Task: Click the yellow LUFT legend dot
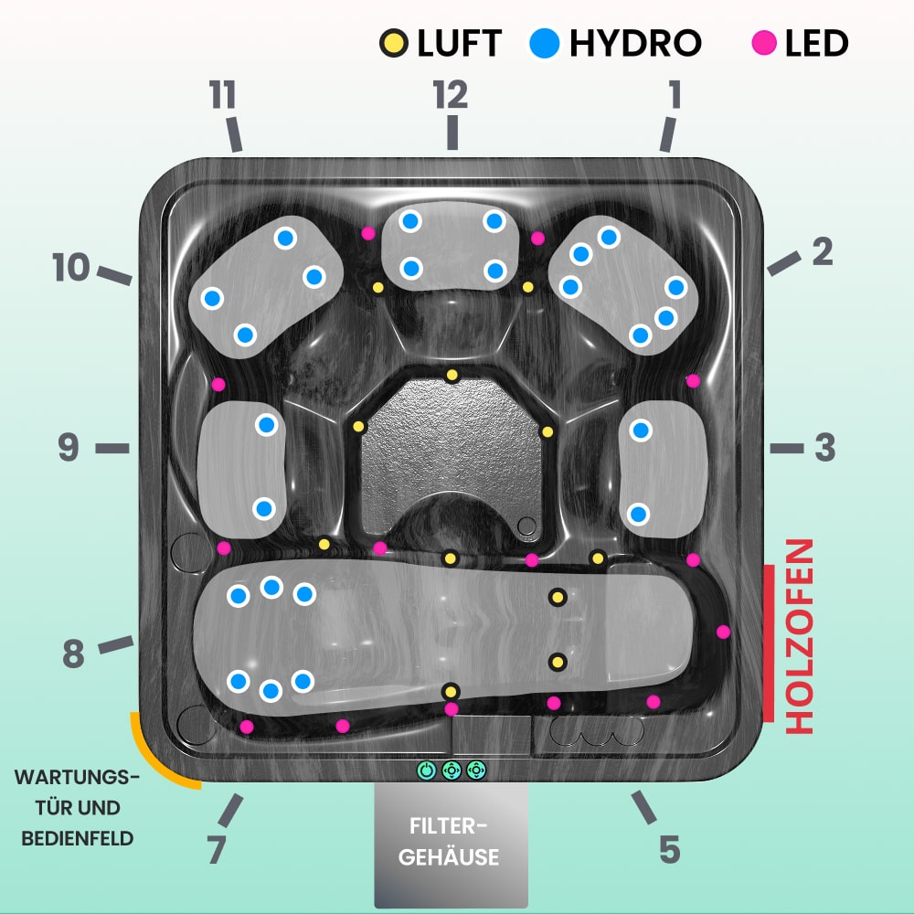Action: (x=394, y=43)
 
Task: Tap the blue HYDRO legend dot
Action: (x=545, y=43)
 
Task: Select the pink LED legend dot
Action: (x=764, y=43)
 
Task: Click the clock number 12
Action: (x=451, y=94)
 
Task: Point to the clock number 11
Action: (x=222, y=95)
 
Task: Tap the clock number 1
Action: (x=675, y=95)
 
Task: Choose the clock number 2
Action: (x=823, y=251)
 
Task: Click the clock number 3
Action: (x=824, y=448)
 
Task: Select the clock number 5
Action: (x=669, y=849)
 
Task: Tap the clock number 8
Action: (x=73, y=654)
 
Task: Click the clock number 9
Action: (x=69, y=448)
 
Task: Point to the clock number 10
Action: (x=70, y=268)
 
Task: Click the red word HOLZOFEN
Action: (x=800, y=636)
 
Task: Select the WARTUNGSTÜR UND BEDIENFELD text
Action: (x=77, y=808)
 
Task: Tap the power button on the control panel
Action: (x=426, y=770)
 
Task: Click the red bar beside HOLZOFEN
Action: (x=769, y=643)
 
